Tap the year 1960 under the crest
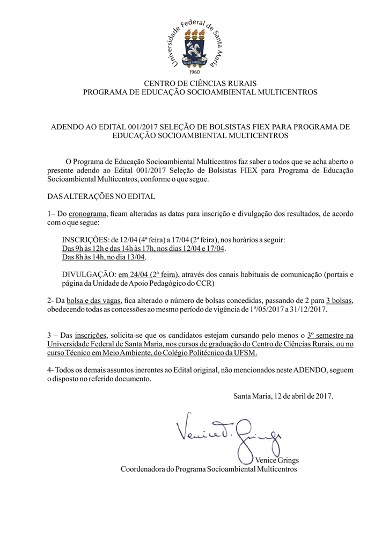tap(195, 72)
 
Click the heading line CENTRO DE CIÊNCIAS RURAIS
tap(200, 83)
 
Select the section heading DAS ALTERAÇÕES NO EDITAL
tap(101, 197)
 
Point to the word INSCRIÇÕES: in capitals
tap(86, 240)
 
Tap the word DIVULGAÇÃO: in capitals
tap(89, 274)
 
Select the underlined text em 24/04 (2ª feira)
tap(149, 274)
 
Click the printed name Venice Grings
tap(276, 460)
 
